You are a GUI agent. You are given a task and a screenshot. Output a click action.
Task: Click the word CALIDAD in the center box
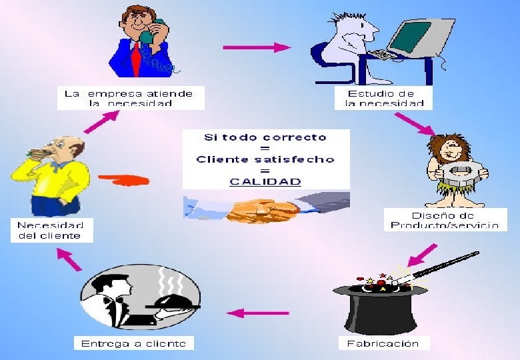265,181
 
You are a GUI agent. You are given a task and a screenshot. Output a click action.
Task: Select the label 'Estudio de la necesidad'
383,99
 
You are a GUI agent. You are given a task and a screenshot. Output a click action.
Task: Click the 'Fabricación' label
383,343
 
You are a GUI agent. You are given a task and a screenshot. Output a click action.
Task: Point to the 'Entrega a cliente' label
133,343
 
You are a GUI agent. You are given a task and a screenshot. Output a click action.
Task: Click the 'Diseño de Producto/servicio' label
445,220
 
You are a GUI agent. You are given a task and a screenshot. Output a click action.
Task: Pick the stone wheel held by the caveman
460,173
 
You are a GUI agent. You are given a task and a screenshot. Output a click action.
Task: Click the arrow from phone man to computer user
257,47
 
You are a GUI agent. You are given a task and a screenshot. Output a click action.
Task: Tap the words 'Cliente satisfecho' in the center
265,159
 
